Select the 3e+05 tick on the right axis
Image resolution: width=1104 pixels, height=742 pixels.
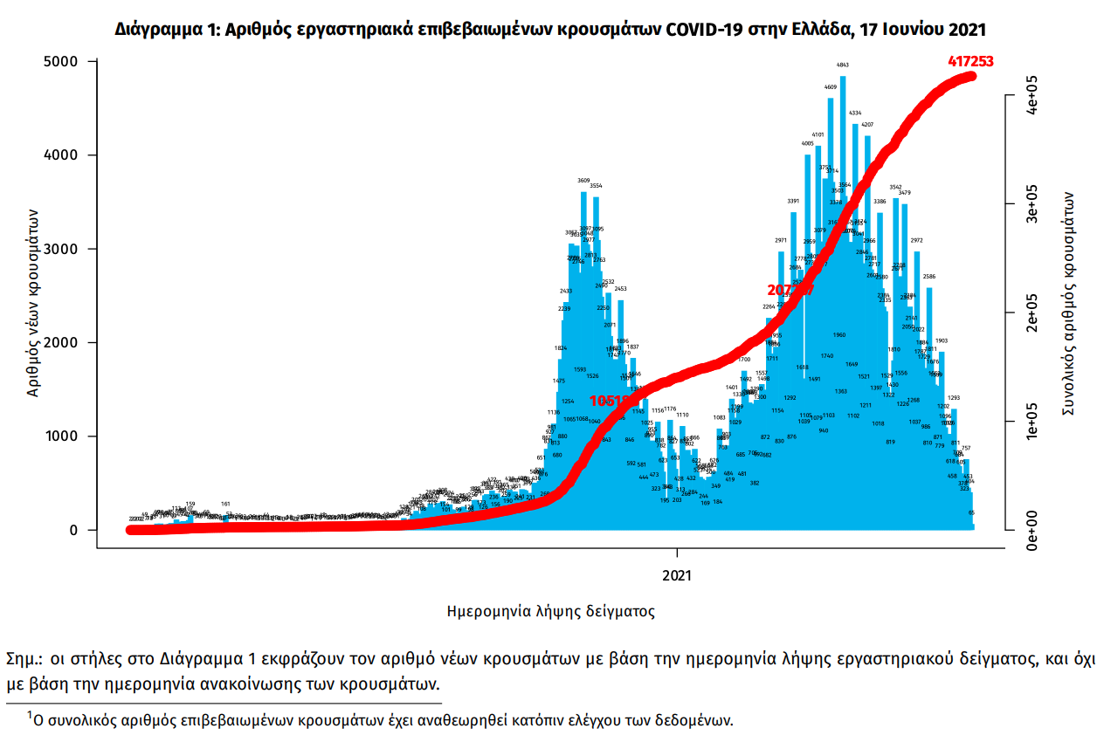pyautogui.click(x=1030, y=204)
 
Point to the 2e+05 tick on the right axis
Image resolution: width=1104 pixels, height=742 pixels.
pyautogui.click(x=1030, y=313)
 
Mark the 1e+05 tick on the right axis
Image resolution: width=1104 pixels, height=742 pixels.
pyautogui.click(x=1030, y=422)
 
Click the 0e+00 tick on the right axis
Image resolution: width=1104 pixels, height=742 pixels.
pyautogui.click(x=1030, y=530)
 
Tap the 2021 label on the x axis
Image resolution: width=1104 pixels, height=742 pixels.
pyautogui.click(x=677, y=575)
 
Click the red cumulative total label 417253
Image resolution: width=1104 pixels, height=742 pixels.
pyautogui.click(x=970, y=61)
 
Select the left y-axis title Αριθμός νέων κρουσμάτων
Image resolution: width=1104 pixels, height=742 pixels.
pyautogui.click(x=32, y=303)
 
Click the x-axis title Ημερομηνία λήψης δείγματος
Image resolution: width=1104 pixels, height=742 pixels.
pyautogui.click(x=550, y=612)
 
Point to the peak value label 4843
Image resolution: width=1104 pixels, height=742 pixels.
pyautogui.click(x=843, y=65)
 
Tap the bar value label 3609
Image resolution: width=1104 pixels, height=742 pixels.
pyautogui.click(x=583, y=181)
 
